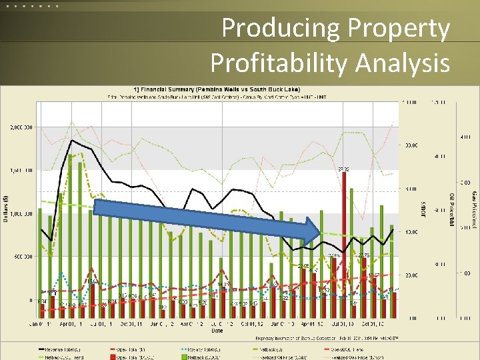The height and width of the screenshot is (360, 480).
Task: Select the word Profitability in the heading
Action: (x=279, y=63)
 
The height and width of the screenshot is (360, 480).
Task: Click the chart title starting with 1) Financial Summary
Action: (x=217, y=90)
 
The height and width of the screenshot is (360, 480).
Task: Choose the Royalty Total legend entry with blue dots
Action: (x=199, y=349)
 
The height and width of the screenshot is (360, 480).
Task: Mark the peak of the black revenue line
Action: (x=71, y=140)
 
